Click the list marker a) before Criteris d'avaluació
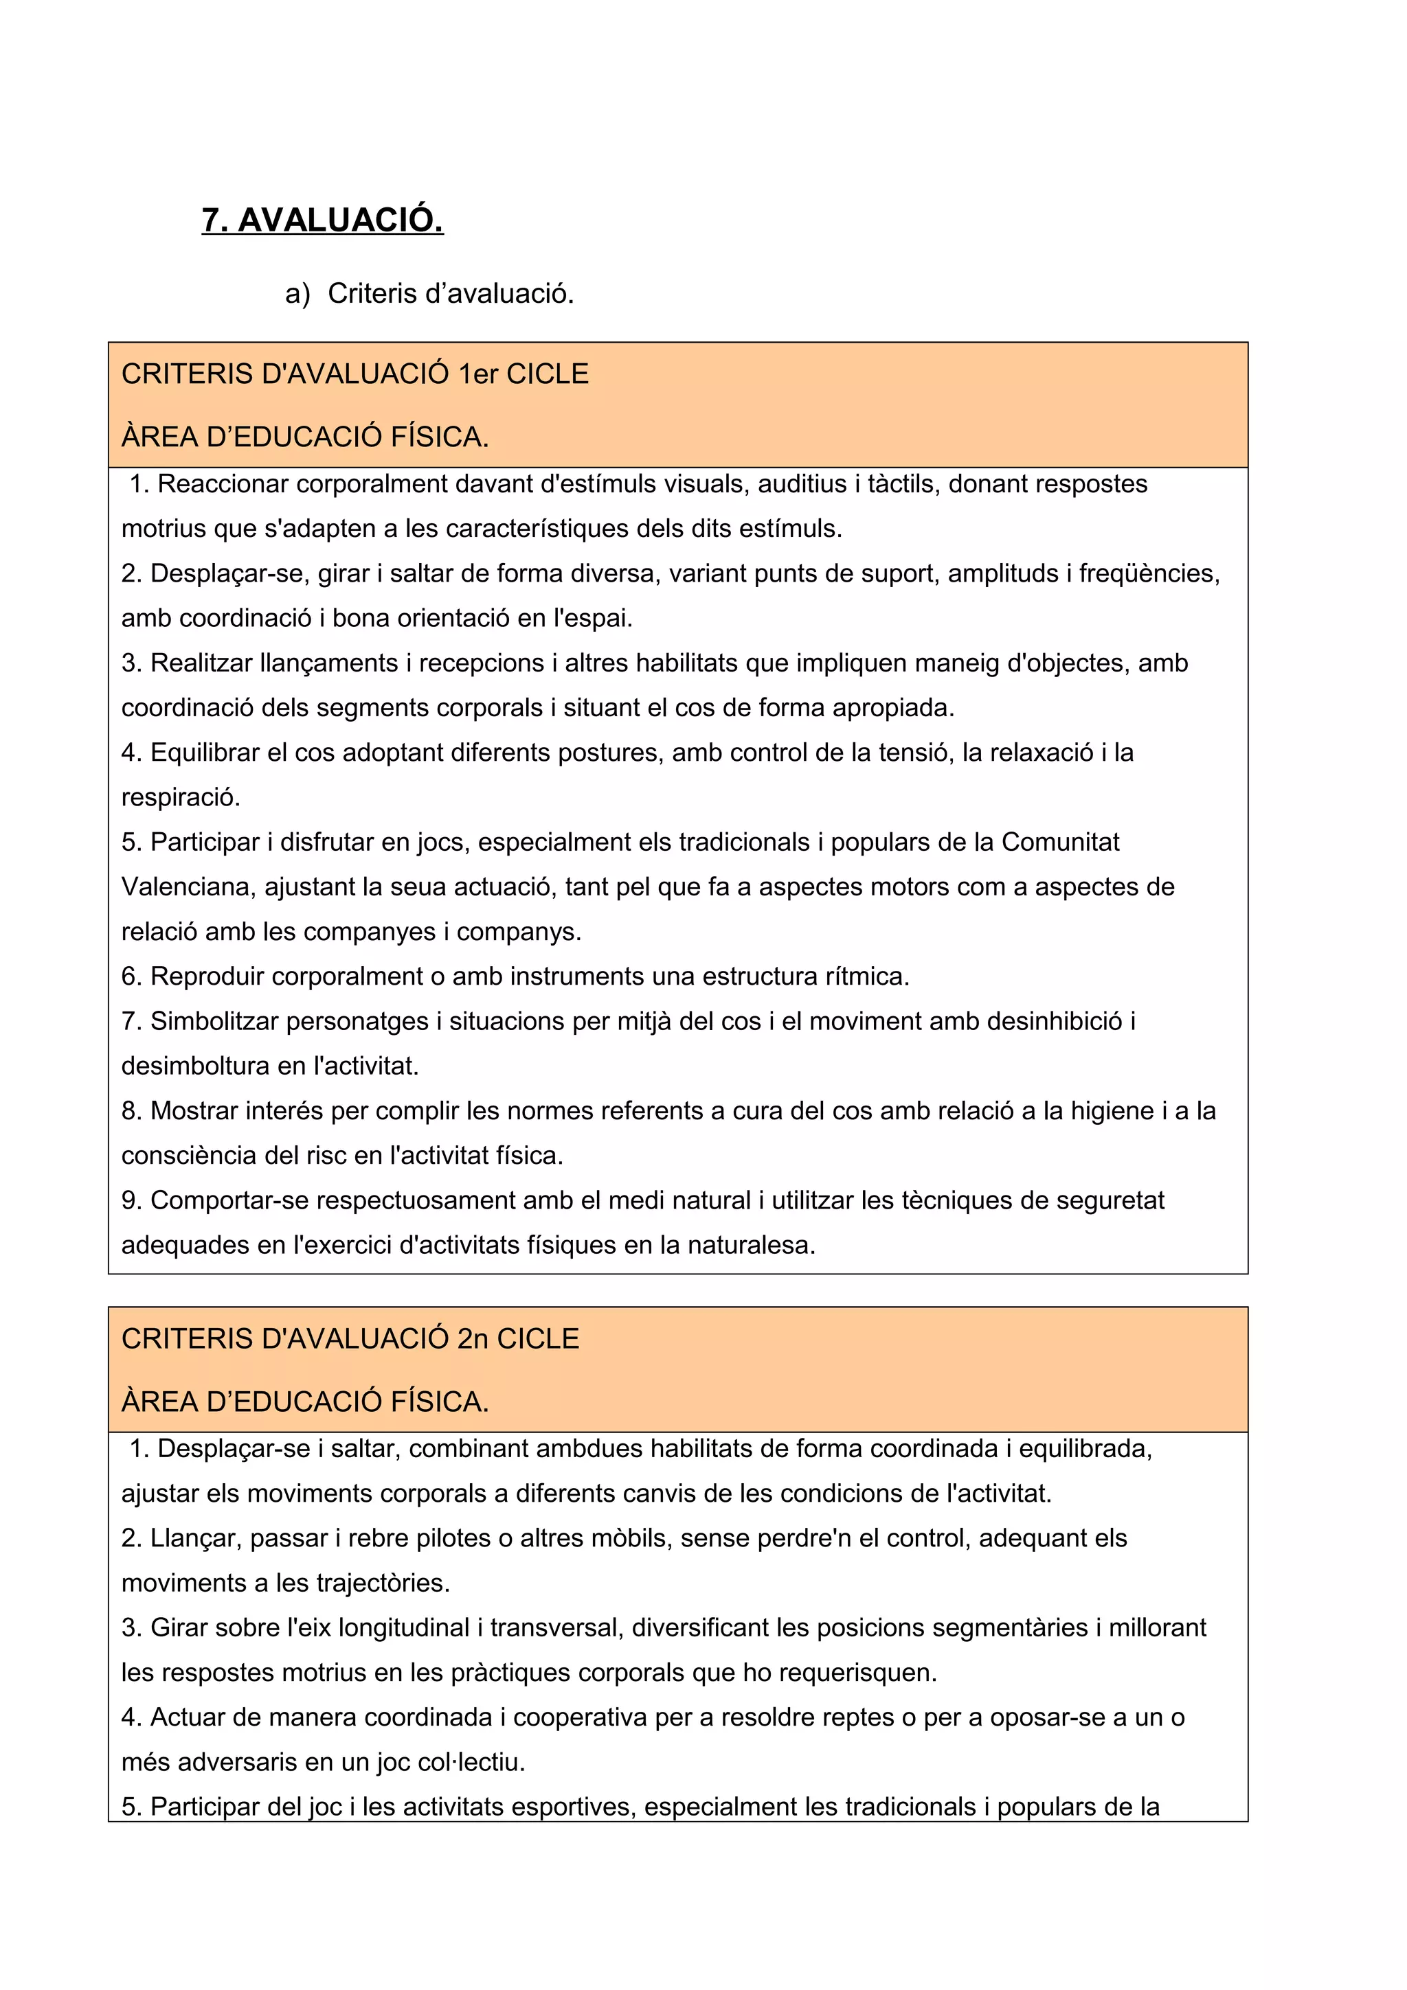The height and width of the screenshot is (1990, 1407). [x=297, y=294]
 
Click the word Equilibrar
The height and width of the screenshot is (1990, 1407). [x=205, y=753]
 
